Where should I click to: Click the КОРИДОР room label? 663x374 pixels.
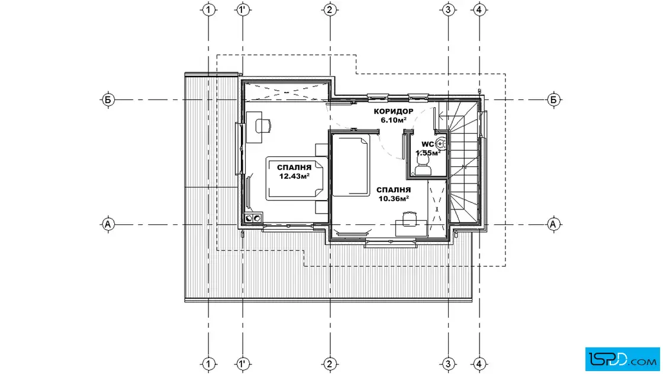tap(393, 112)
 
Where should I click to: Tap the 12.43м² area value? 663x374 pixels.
tap(294, 176)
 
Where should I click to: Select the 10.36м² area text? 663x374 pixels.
tap(393, 199)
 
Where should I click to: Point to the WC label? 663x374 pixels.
tap(427, 144)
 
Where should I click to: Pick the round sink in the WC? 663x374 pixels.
tap(440, 144)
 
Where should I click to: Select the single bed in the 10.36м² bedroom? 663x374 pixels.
tap(351, 165)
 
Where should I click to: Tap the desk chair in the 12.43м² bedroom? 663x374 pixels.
tap(263, 125)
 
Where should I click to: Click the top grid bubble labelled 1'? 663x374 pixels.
tap(242, 9)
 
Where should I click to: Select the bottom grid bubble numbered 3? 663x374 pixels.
tap(448, 363)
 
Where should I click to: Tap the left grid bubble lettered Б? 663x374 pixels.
tap(108, 100)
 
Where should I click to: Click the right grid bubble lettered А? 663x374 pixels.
tap(553, 224)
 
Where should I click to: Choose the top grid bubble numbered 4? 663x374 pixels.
tap(479, 9)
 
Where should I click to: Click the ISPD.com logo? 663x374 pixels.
tap(622, 359)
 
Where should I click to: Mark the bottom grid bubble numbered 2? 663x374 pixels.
tap(330, 363)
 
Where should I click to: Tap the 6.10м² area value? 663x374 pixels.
tap(394, 120)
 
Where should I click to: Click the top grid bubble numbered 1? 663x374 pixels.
tap(208, 9)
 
